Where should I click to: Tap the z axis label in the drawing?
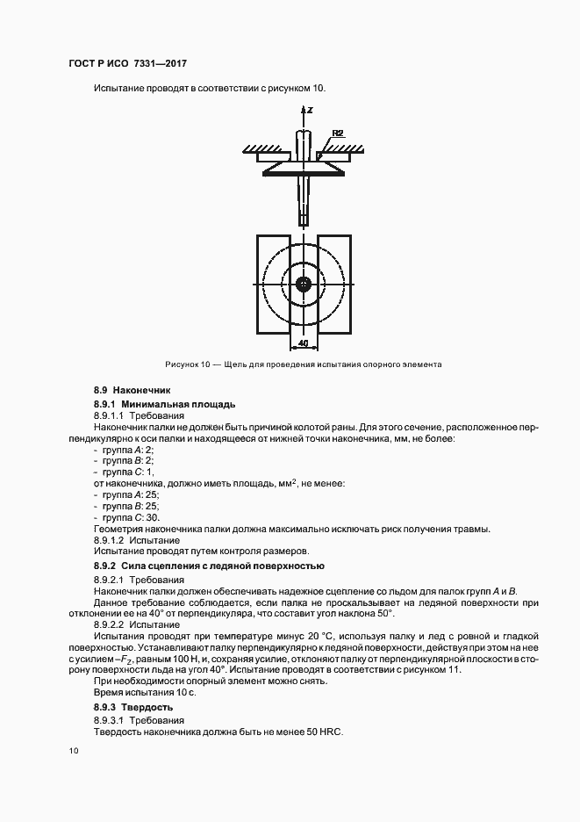(311, 112)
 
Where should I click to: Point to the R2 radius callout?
(337, 133)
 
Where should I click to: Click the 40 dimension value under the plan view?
(303, 342)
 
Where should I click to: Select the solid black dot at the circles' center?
(304, 284)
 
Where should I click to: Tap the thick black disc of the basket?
(304, 173)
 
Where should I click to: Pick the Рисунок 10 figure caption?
(303, 364)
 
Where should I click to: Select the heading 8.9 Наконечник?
(132, 389)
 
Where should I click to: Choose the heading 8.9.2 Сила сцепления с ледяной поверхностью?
(209, 565)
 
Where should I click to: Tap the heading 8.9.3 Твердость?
(133, 706)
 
